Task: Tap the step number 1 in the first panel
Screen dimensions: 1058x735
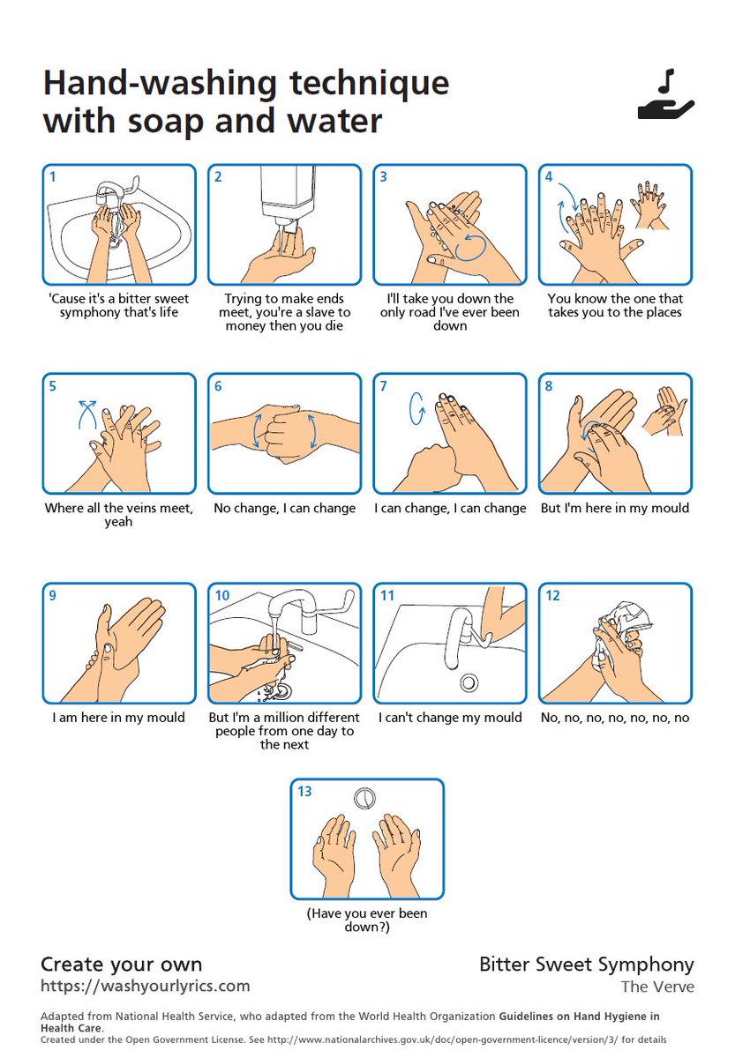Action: pos(53,176)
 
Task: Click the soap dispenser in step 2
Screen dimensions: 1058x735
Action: pos(287,195)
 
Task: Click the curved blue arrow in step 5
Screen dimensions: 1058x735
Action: pos(86,412)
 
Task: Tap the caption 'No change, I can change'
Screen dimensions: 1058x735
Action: pos(284,509)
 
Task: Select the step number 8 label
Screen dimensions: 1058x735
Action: pos(549,385)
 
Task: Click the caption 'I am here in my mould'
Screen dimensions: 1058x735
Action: pos(119,718)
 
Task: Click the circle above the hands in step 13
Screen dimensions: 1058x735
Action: pos(365,799)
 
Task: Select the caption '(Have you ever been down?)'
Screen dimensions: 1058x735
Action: pos(367,920)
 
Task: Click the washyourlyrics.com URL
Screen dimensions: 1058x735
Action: pos(146,986)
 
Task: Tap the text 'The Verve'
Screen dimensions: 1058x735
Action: pos(657,987)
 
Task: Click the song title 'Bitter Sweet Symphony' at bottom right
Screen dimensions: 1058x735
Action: pos(587,965)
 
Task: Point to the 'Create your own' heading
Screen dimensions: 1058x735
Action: pos(122,964)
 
